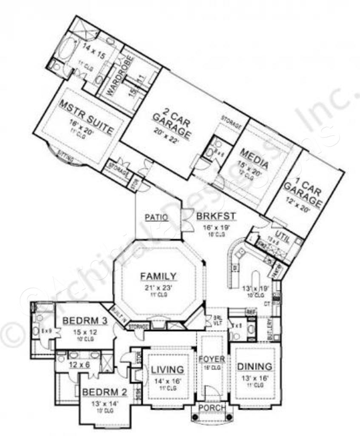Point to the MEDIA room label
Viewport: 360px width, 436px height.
[254, 158]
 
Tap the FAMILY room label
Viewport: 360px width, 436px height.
[158, 276]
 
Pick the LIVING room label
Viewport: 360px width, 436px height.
[167, 370]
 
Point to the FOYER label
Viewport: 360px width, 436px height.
[211, 359]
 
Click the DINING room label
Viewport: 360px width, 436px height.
[254, 366]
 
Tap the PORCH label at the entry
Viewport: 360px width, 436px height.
[212, 408]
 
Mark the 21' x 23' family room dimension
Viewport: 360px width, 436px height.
[158, 288]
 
